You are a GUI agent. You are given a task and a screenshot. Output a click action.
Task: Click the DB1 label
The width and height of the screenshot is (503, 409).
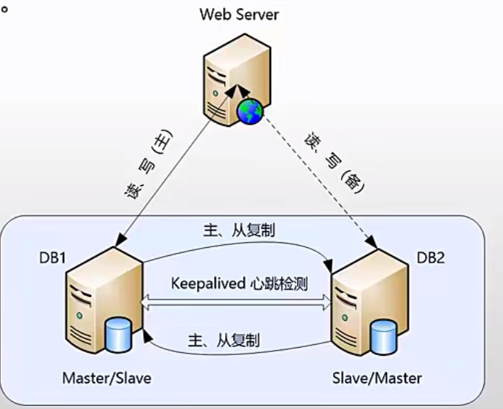(x=54, y=257)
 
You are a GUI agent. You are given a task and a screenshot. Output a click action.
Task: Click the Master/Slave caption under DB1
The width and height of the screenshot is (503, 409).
(x=106, y=378)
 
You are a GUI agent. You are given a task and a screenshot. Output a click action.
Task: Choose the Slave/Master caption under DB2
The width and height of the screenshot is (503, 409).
(x=376, y=378)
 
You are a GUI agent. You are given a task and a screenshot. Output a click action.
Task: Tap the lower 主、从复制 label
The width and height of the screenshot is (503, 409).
(x=225, y=340)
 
